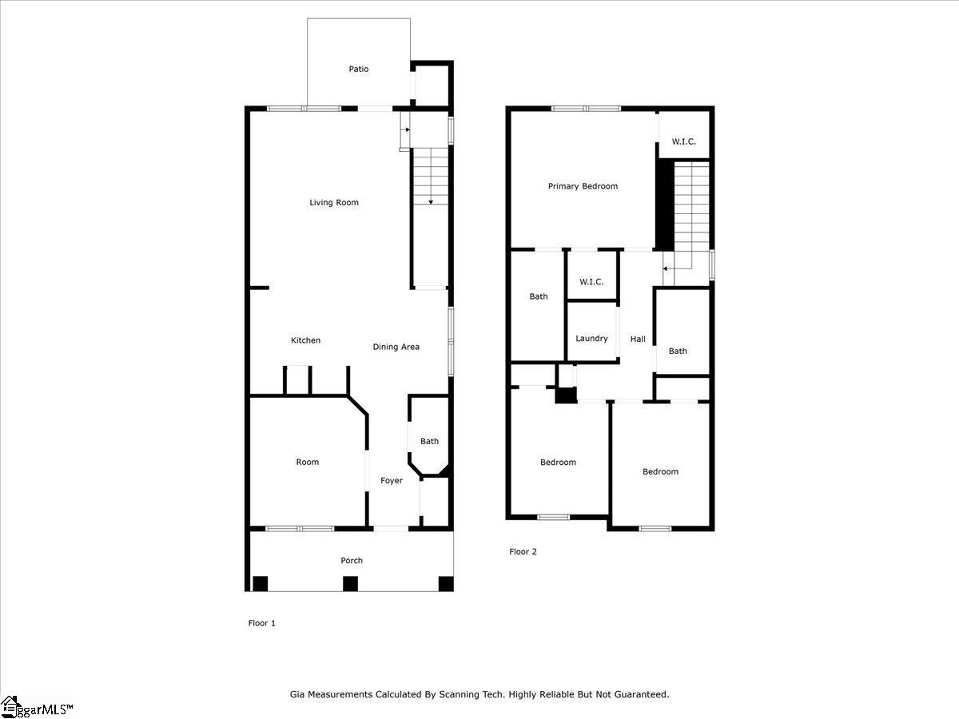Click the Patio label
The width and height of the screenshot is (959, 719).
[x=359, y=70]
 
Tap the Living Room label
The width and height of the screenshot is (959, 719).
[x=334, y=203]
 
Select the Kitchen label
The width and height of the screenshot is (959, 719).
[x=305, y=340]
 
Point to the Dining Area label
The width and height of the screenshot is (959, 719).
[x=396, y=347]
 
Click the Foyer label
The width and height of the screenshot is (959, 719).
[x=392, y=481]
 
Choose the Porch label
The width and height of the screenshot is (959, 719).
[x=352, y=561]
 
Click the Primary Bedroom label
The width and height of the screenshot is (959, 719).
[x=583, y=186]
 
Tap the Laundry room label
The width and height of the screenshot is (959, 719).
[x=591, y=339]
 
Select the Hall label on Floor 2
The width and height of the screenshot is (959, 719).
[x=638, y=340]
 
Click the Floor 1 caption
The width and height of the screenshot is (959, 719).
[x=262, y=623]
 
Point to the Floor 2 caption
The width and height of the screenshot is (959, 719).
[x=523, y=551]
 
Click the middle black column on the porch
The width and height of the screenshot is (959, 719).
[x=350, y=584]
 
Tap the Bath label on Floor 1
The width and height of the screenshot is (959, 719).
[x=430, y=441]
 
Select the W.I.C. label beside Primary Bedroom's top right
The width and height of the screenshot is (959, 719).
[x=683, y=141]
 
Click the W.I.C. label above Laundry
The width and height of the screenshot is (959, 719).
[x=591, y=282]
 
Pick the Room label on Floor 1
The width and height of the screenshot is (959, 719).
[x=308, y=462]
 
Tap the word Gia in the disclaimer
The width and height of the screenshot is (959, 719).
[x=297, y=695]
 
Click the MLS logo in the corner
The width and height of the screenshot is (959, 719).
[x=36, y=707]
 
